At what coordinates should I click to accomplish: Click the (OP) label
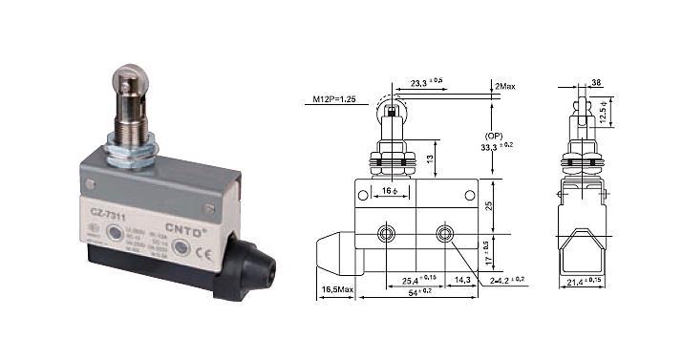(x=496, y=137)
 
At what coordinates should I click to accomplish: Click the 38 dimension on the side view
(x=597, y=83)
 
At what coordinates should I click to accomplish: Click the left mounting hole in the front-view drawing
(x=385, y=234)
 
